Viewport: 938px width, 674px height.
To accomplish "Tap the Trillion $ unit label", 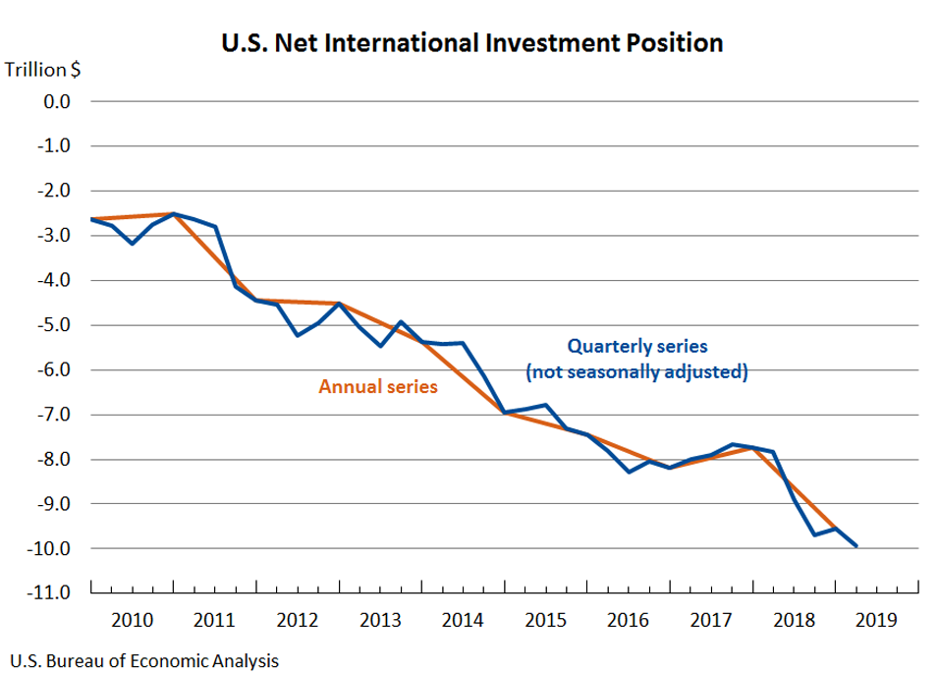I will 43,70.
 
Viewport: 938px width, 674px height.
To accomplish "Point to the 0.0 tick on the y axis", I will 55,101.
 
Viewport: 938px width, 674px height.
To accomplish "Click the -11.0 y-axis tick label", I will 50,593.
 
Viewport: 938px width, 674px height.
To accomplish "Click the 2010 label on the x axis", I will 132,620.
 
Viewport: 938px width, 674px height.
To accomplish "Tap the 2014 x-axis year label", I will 463,620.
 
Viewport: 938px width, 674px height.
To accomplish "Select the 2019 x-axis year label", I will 876,620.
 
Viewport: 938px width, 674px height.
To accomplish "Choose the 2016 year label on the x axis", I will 628,620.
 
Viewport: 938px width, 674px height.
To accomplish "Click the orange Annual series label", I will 378,387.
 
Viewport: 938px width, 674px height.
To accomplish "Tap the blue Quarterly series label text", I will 637,346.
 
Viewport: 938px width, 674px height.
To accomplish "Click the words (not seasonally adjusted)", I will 637,372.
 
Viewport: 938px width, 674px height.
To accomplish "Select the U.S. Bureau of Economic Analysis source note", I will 143,660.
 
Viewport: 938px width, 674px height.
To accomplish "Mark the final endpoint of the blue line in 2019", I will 856,545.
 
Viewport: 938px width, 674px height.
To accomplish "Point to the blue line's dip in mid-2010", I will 133,243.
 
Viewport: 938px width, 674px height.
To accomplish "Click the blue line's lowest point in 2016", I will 630,472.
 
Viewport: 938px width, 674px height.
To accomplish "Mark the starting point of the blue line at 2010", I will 91,219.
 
